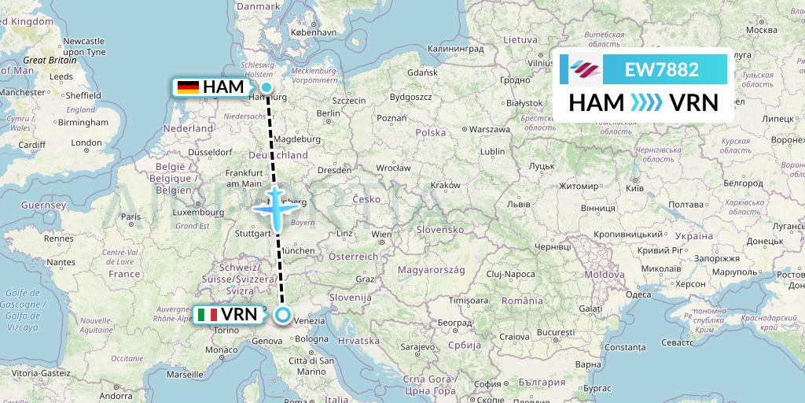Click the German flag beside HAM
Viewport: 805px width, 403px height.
188,87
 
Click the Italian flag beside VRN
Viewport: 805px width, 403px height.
208,316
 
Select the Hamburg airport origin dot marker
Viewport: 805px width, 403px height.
267,88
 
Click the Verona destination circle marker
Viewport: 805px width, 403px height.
283,316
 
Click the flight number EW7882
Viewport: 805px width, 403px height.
661,70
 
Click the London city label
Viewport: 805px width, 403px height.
86,143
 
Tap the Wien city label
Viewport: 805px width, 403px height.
381,235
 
